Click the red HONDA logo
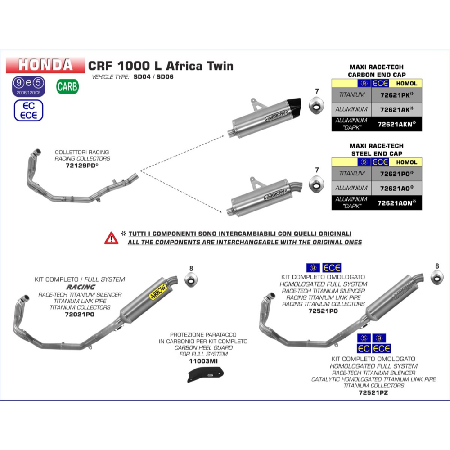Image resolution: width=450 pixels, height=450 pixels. [45, 65]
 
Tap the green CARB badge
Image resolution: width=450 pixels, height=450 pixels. [67, 86]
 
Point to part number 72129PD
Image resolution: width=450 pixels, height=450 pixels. [82, 166]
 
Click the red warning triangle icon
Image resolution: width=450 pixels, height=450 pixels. [111, 238]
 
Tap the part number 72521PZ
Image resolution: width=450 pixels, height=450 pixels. [373, 392]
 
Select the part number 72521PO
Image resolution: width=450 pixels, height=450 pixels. [323, 311]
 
